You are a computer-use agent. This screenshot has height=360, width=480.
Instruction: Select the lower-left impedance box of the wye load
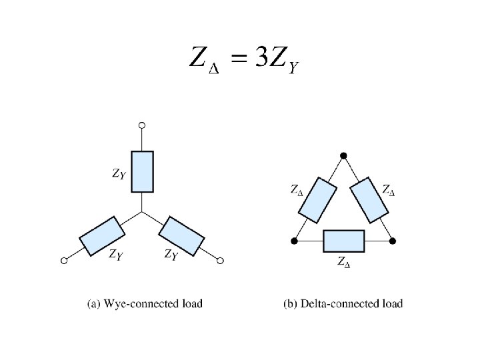click(102, 236)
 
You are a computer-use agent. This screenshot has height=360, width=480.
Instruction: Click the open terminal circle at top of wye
click(141, 125)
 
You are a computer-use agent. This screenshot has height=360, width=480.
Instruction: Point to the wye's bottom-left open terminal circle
click(64, 261)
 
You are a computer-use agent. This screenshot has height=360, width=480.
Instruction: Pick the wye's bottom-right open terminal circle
click(221, 261)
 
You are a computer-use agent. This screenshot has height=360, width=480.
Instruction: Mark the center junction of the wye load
click(141, 213)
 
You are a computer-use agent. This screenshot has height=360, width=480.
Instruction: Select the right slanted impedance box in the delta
click(369, 199)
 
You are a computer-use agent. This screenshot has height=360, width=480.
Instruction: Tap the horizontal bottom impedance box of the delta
click(343, 241)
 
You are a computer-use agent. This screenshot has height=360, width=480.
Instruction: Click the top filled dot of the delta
click(343, 156)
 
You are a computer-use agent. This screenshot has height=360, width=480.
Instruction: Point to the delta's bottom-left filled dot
click(294, 241)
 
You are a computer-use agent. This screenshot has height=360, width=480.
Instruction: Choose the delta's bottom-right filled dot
click(393, 241)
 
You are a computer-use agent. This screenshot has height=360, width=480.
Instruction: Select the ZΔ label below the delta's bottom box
click(343, 261)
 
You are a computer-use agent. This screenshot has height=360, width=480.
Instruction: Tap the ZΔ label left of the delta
click(297, 190)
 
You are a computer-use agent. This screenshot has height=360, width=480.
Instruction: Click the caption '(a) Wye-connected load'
click(145, 304)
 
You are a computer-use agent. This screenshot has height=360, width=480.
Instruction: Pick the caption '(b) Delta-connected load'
click(343, 304)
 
